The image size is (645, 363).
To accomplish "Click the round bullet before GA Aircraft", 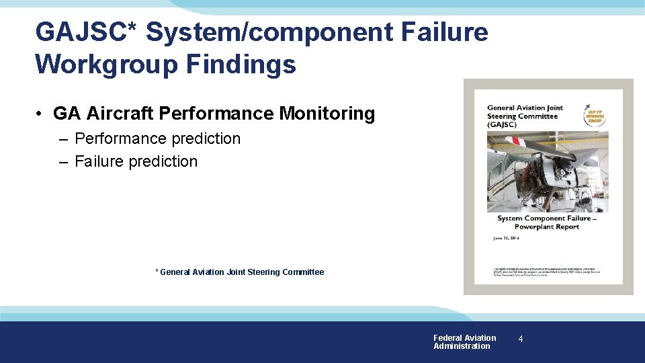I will click(x=41, y=114).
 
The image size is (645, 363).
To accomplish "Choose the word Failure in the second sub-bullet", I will click(x=99, y=161).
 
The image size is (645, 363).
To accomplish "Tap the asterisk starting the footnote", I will click(x=157, y=272).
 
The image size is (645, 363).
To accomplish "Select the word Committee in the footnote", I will click(x=303, y=272).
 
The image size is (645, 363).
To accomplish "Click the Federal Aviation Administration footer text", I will click(x=464, y=342).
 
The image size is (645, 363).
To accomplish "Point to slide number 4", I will click(x=521, y=340).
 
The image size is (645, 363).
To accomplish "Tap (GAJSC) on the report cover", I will click(x=503, y=125).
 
